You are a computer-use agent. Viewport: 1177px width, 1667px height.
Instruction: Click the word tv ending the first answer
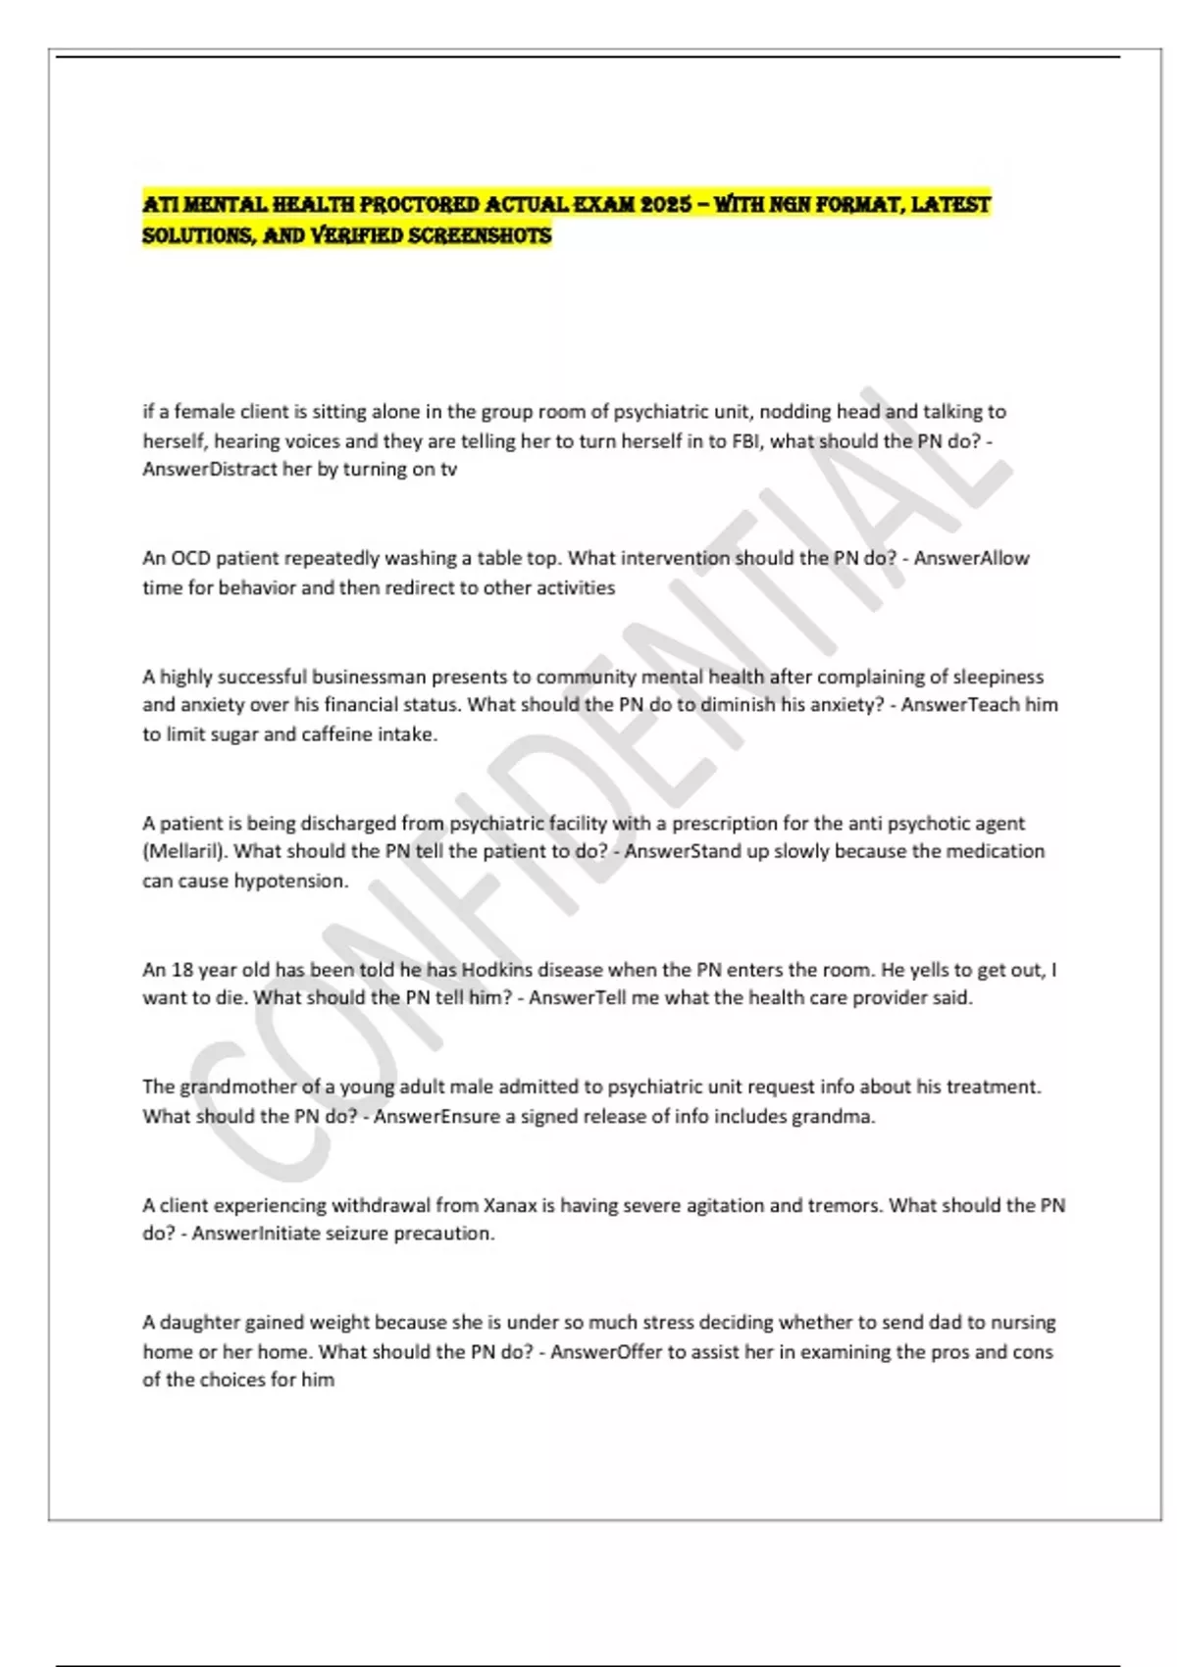(448, 469)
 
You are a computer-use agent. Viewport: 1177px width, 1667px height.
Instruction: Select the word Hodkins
(497, 970)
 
